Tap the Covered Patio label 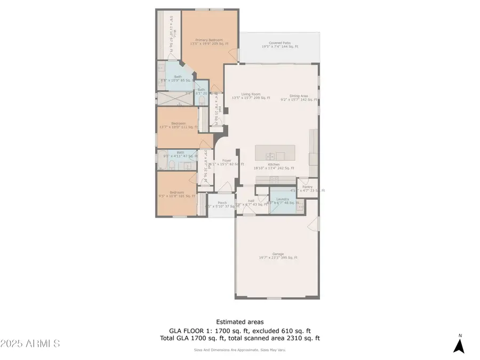coord(279,44)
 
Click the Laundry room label coord(282,201)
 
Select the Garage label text coord(278,255)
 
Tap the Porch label coord(222,204)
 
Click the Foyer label coord(226,162)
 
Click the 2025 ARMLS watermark coord(30,343)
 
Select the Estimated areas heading coord(239,322)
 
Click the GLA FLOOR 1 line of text coord(239,330)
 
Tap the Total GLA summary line coord(239,338)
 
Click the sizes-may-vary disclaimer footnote coord(239,350)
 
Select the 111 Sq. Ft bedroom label coord(179,125)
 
